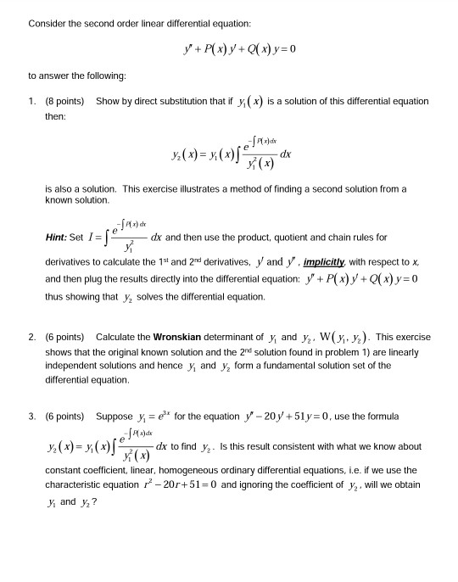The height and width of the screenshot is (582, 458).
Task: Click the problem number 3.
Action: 31,417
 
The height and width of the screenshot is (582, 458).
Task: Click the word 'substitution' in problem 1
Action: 181,101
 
